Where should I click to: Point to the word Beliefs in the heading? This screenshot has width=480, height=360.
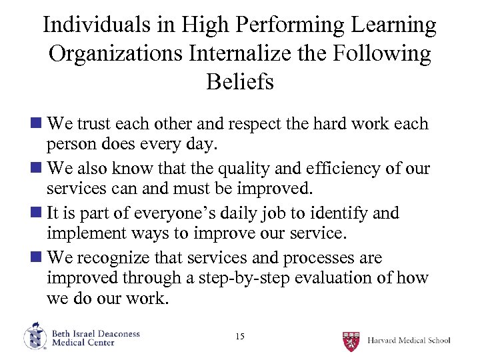pyautogui.click(x=240, y=82)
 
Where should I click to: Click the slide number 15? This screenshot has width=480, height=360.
pyautogui.click(x=240, y=337)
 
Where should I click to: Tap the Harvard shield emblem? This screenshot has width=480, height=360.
pyautogui.click(x=351, y=340)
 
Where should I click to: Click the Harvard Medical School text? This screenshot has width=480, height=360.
pyautogui.click(x=409, y=341)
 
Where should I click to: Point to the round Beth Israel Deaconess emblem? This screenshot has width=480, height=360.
pyautogui.click(x=35, y=337)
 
